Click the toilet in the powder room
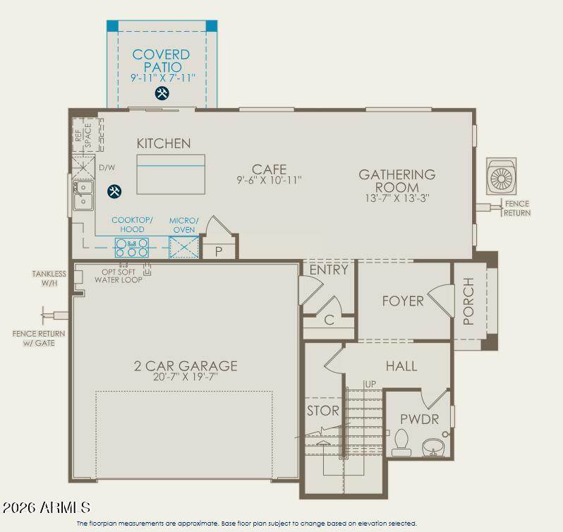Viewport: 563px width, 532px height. tap(401, 442)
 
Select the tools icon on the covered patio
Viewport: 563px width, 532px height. tap(162, 93)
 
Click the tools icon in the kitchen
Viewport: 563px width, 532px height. tap(114, 191)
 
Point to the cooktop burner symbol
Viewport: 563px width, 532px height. tap(132, 248)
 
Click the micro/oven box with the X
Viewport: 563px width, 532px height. tap(184, 248)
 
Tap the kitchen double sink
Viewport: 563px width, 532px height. tap(83, 195)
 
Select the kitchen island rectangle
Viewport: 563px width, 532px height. tap(171, 174)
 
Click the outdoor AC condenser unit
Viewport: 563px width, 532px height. tap(501, 176)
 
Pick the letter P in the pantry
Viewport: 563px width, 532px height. tap(219, 252)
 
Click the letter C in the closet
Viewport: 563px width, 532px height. tap(329, 320)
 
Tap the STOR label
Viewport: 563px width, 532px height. tap(323, 411)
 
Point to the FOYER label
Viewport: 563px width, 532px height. tap(403, 301)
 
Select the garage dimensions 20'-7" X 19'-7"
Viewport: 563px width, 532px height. tap(186, 377)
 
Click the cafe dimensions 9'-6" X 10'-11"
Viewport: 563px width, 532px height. tap(269, 180)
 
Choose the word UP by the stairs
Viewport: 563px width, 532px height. tap(370, 384)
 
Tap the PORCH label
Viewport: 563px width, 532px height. tap(468, 301)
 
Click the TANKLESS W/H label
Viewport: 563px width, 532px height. tap(49, 278)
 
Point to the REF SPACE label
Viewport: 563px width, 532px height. tap(83, 135)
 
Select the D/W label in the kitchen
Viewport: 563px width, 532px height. tap(107, 168)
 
